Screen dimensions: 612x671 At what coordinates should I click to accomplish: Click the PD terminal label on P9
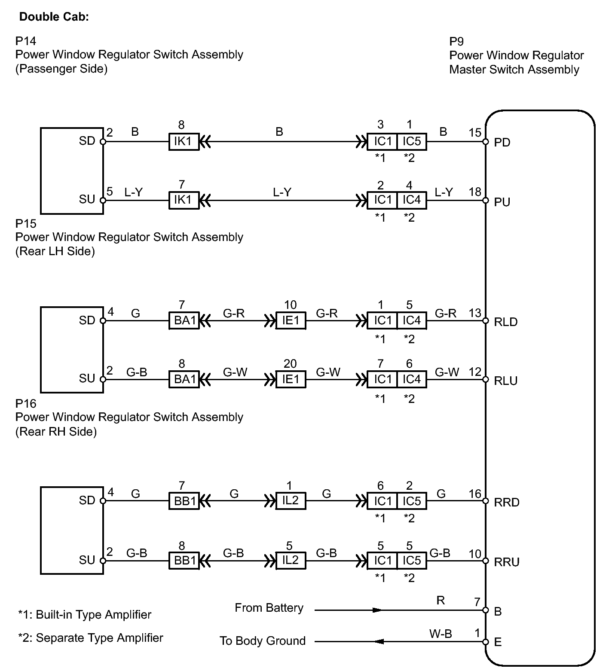pyautogui.click(x=502, y=142)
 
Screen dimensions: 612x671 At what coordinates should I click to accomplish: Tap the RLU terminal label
pyautogui.click(x=506, y=381)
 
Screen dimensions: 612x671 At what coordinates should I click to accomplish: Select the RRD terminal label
pyautogui.click(x=507, y=502)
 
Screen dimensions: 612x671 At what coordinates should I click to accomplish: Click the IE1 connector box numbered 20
pyautogui.click(x=291, y=379)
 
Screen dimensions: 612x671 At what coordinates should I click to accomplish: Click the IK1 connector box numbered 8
pyautogui.click(x=184, y=141)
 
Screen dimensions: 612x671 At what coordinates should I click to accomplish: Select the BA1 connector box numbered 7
pyautogui.click(x=184, y=321)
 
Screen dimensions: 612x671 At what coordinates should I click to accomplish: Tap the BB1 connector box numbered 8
pyautogui.click(x=184, y=560)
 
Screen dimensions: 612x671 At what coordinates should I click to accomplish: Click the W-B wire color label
pyautogui.click(x=440, y=634)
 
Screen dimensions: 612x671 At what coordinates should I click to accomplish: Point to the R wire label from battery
pyautogui.click(x=441, y=600)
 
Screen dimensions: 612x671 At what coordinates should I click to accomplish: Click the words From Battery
pyautogui.click(x=269, y=608)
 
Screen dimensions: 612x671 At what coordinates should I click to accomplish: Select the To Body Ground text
pyautogui.click(x=263, y=641)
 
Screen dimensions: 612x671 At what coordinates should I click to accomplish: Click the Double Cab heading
pyautogui.click(x=54, y=17)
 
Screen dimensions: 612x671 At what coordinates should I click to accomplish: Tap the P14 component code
pyautogui.click(x=25, y=41)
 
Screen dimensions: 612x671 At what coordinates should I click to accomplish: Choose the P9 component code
pyautogui.click(x=456, y=41)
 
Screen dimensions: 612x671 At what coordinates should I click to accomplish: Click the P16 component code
pyautogui.click(x=25, y=403)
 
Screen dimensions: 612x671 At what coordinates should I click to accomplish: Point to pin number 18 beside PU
pyautogui.click(x=475, y=192)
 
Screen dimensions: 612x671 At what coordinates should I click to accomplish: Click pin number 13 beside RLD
pyautogui.click(x=475, y=313)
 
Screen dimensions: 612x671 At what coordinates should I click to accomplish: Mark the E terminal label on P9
pyautogui.click(x=498, y=642)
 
